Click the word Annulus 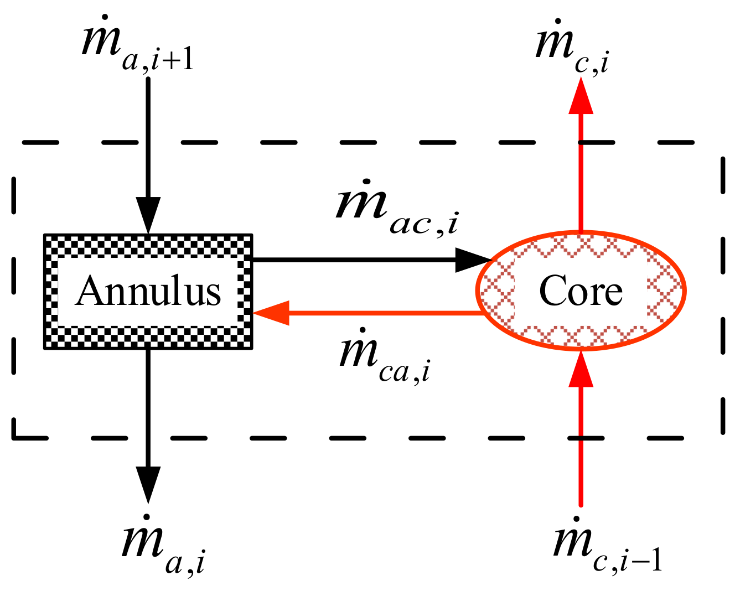click(148, 292)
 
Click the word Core click(581, 292)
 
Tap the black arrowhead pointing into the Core click(473, 260)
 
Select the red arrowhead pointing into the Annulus click(271, 313)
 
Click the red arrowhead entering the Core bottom click(581, 369)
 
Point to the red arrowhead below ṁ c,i click(581, 97)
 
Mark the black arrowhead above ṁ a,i click(148, 484)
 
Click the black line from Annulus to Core click(354, 260)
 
